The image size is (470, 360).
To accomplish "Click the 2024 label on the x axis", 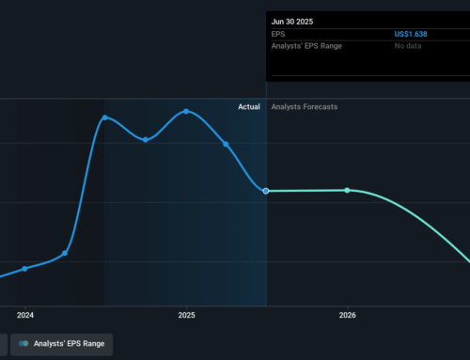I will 24,315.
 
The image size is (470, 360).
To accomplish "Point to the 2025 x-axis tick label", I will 186,315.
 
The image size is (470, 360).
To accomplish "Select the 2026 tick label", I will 347,315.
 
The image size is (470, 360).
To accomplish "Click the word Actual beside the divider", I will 249,107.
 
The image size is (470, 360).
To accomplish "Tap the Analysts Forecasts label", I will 304,107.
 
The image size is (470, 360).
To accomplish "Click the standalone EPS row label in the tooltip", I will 278,34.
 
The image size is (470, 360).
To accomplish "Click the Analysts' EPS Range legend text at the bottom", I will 68,344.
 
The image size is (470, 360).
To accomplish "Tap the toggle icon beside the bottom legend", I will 23,344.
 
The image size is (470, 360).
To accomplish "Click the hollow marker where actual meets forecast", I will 266,191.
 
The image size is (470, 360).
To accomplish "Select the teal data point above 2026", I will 347,190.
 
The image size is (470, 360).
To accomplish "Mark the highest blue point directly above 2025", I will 186,111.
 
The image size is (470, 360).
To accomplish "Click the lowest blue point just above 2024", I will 24,268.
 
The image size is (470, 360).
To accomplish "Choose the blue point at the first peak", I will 104,117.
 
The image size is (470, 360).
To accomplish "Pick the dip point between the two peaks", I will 146,139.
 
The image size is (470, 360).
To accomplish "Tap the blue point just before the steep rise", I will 65,253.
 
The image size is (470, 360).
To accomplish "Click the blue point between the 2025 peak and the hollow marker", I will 226,144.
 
